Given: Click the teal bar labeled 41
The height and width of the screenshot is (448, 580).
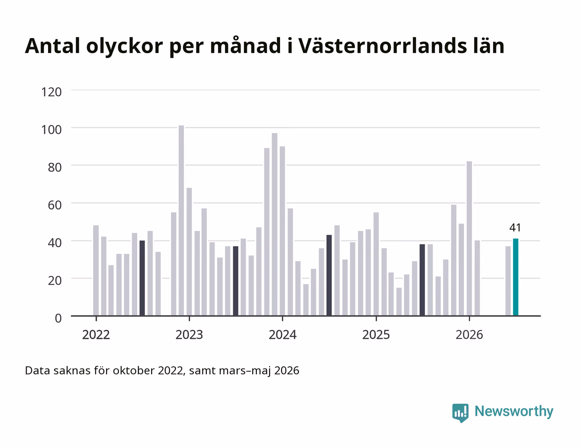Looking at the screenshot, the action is tap(515, 277).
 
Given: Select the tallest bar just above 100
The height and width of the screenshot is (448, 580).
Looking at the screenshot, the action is tap(181, 220).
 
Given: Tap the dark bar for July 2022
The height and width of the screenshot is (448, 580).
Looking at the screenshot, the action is tap(142, 278).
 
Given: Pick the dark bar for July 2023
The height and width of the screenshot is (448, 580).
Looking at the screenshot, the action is tap(235, 281).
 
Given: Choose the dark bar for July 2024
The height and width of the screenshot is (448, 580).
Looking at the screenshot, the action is tap(329, 275).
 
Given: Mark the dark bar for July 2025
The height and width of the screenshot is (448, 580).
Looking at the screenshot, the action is tap(422, 280).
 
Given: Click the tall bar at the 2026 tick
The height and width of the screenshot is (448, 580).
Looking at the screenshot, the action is tap(469, 238).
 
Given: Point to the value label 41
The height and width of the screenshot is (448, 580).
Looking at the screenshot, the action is tap(515, 228).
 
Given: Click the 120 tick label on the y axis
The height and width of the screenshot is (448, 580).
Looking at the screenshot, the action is tap(51, 92).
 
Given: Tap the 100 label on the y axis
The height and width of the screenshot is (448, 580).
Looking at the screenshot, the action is tap(51, 129).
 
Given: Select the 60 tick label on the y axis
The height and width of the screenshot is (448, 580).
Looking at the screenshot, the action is tap(55, 205).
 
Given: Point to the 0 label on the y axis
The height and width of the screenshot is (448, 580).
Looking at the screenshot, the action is tap(58, 319).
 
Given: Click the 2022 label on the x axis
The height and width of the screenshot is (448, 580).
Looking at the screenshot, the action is tap(96, 335).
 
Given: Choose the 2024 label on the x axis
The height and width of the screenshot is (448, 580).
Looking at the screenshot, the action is tap(283, 335).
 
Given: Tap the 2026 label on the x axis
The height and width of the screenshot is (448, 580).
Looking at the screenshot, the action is tap(469, 335).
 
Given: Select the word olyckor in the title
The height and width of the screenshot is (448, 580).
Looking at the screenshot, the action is tap(124, 47).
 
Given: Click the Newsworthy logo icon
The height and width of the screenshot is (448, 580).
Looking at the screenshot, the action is tap(460, 413).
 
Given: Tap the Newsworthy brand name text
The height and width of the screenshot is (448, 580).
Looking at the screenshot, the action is tap(514, 411).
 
